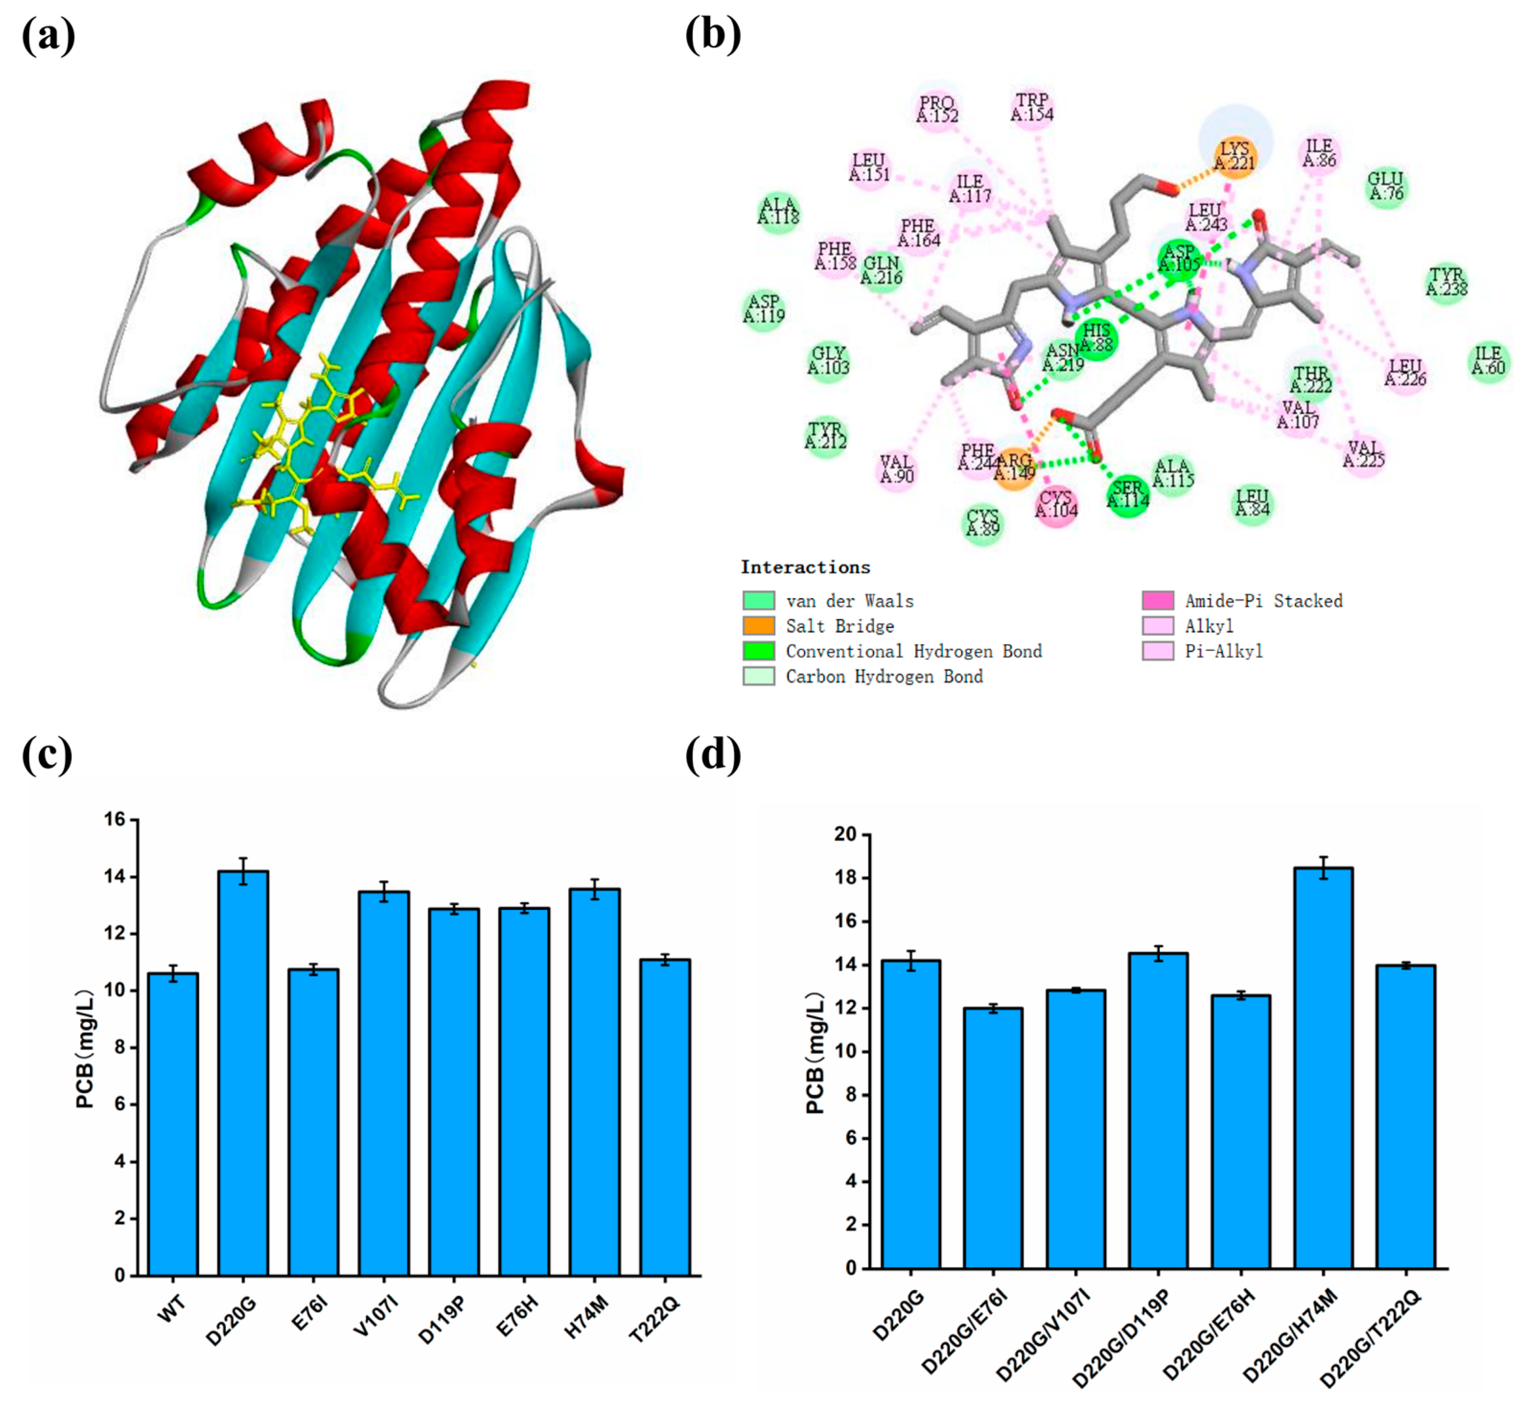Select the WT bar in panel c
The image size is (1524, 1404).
click(173, 1124)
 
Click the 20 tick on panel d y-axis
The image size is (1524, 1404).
click(845, 834)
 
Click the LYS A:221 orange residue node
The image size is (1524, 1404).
click(1234, 156)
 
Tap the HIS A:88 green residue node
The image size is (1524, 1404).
click(1096, 338)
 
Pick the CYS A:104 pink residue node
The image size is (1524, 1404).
click(1056, 504)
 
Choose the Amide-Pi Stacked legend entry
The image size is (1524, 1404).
click(1263, 601)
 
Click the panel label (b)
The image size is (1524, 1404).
click(712, 35)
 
